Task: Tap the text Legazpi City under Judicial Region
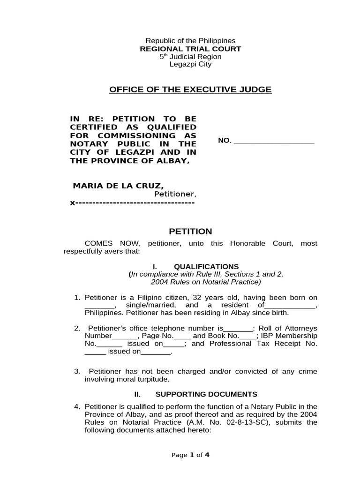(x=190, y=64)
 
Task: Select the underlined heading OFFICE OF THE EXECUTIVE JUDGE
(x=190, y=90)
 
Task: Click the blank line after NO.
(x=274, y=141)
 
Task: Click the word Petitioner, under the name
(x=175, y=194)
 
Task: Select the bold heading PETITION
(x=190, y=232)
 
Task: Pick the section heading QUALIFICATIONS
(x=206, y=266)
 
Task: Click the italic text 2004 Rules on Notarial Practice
(x=205, y=282)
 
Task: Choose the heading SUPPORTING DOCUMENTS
(x=206, y=394)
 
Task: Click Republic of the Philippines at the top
(x=190, y=41)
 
